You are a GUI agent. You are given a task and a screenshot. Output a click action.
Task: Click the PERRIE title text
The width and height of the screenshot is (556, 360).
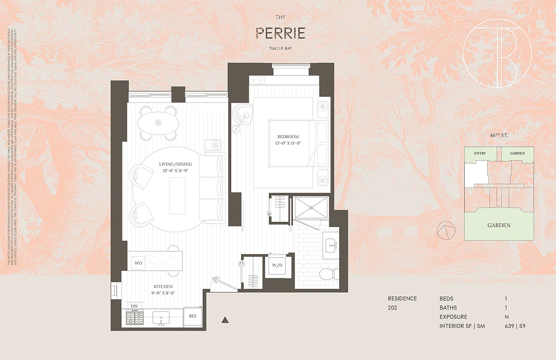click(280, 33)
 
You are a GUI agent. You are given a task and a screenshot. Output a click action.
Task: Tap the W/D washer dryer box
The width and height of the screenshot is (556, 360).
click(276, 265)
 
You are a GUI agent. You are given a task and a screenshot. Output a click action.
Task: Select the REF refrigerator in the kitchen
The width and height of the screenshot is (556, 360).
click(193, 316)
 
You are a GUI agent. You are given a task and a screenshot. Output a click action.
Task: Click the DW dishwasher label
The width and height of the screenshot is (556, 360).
click(134, 306)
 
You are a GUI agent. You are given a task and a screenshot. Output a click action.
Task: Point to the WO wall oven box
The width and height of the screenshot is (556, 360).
click(138, 262)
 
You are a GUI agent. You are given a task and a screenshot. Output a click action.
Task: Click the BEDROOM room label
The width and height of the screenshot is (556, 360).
click(288, 137)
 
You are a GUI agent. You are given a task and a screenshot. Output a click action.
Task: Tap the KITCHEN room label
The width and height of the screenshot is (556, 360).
click(162, 287)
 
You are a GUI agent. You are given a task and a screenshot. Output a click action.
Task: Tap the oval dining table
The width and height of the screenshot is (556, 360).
click(158, 122)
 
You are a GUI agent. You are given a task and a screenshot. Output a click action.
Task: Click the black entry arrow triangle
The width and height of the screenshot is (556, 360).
click(225, 320)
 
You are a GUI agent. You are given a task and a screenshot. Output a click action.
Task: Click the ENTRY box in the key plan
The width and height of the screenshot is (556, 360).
click(480, 153)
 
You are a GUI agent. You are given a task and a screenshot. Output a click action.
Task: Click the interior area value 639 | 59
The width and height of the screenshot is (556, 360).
click(515, 326)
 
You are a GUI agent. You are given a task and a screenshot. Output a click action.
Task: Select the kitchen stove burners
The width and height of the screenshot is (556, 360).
click(134, 318)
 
